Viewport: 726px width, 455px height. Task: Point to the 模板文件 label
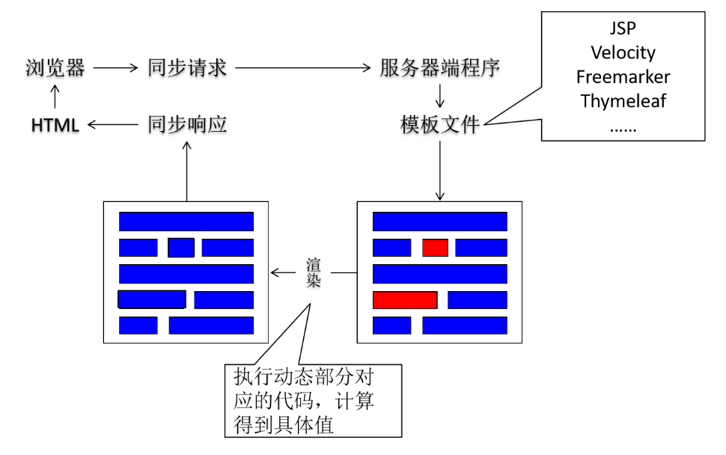tap(440, 125)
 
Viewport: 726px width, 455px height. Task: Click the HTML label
tap(55, 126)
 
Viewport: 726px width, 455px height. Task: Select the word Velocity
tap(623, 53)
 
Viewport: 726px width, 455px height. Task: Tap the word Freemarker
tap(623, 77)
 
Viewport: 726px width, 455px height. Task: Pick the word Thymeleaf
tap(623, 101)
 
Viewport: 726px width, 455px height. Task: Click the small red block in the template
tap(435, 248)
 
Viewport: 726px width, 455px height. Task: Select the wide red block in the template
tap(405, 300)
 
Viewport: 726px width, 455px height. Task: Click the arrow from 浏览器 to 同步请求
tap(112, 68)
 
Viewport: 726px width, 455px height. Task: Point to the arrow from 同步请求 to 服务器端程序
tap(302, 68)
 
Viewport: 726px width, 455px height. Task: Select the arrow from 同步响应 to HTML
tap(112, 126)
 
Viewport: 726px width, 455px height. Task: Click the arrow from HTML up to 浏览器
tap(54, 97)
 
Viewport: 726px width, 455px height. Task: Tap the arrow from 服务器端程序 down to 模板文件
tap(440, 96)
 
